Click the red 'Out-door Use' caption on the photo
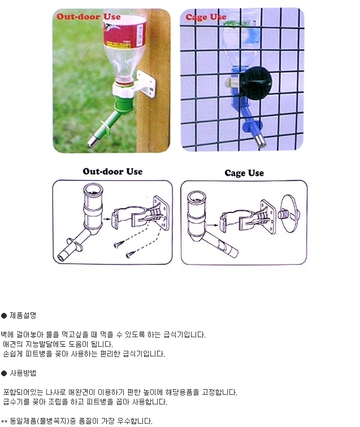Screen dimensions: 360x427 tap(88, 16)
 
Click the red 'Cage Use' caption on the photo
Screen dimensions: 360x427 tap(206, 17)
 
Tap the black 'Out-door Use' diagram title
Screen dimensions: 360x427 tap(112, 171)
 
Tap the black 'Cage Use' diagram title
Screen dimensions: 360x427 tap(244, 173)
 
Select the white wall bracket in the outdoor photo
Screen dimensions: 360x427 tap(145, 83)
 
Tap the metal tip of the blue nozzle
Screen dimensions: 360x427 tap(260, 141)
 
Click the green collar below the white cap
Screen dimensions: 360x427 tap(123, 102)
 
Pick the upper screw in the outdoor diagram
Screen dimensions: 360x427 tap(119, 244)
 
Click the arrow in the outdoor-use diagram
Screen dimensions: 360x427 tap(107, 219)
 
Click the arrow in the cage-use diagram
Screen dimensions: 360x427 tap(213, 225)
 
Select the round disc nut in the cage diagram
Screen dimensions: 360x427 tap(290, 213)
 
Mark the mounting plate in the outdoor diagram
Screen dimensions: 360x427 tap(162, 213)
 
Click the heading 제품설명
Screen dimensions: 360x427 tap(23, 315)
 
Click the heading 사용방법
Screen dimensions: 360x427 tap(23, 373)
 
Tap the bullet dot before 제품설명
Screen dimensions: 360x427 tap(4, 316)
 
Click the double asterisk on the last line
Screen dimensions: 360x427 tap(4, 422)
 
